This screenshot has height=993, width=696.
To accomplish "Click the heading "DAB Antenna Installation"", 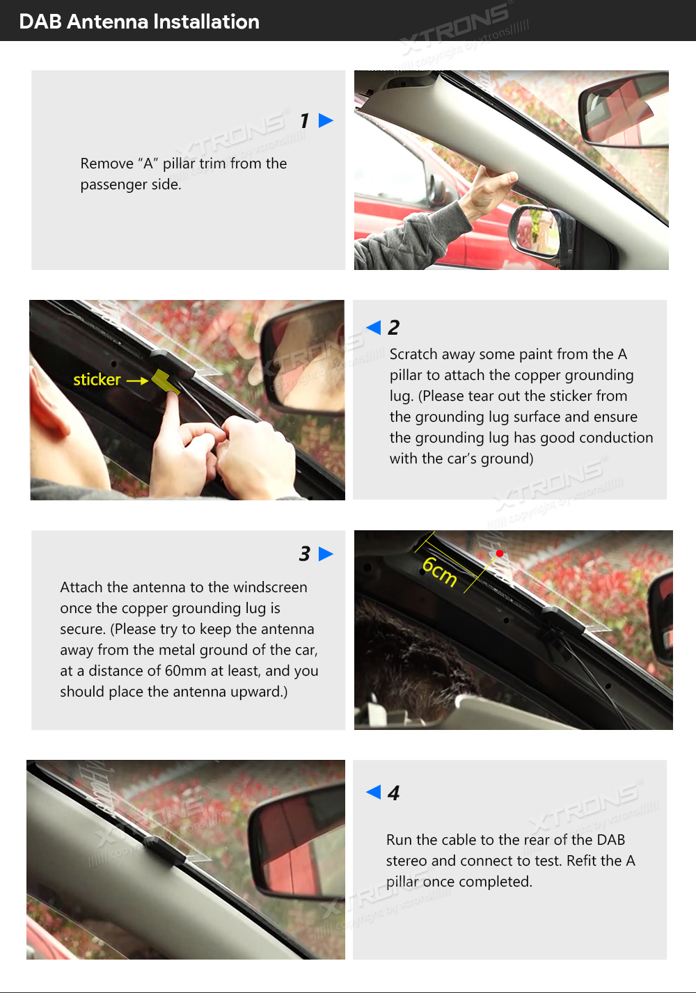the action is [139, 22].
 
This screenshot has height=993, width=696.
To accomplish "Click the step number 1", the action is [305, 120].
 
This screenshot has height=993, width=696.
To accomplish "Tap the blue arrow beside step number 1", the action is [326, 120].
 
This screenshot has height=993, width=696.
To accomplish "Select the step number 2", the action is [394, 328].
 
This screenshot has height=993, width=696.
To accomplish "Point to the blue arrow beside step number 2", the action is [374, 328].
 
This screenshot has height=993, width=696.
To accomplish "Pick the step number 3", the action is [305, 554].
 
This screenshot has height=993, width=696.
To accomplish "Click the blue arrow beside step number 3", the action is [326, 554].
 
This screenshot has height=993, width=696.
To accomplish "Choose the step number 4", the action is [394, 793].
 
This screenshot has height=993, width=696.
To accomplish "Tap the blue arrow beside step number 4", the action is [374, 792].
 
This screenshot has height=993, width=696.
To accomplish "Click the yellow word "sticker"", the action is [97, 380].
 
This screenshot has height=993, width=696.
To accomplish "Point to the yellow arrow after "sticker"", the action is [137, 381].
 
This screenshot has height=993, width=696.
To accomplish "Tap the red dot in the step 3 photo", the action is [500, 553].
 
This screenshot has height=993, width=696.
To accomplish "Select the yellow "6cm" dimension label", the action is [439, 572].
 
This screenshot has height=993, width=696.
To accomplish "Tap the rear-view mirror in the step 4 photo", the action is [296, 840].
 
